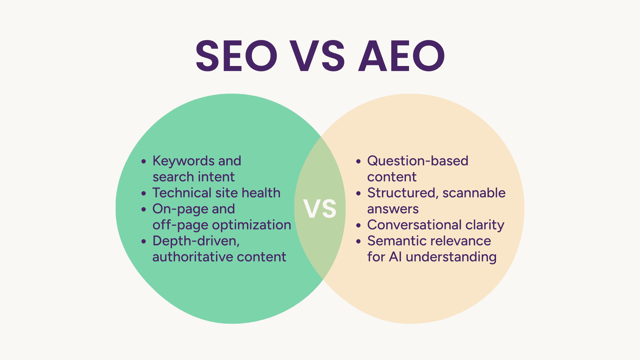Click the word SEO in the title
tap(236, 56)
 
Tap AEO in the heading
tap(402, 56)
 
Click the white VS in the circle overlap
tap(320, 209)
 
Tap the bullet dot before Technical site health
tap(144, 194)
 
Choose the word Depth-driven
tap(196, 241)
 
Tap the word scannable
tap(474, 192)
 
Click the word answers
tap(393, 209)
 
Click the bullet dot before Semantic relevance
tap(358, 242)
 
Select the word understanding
tap(451, 257)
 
